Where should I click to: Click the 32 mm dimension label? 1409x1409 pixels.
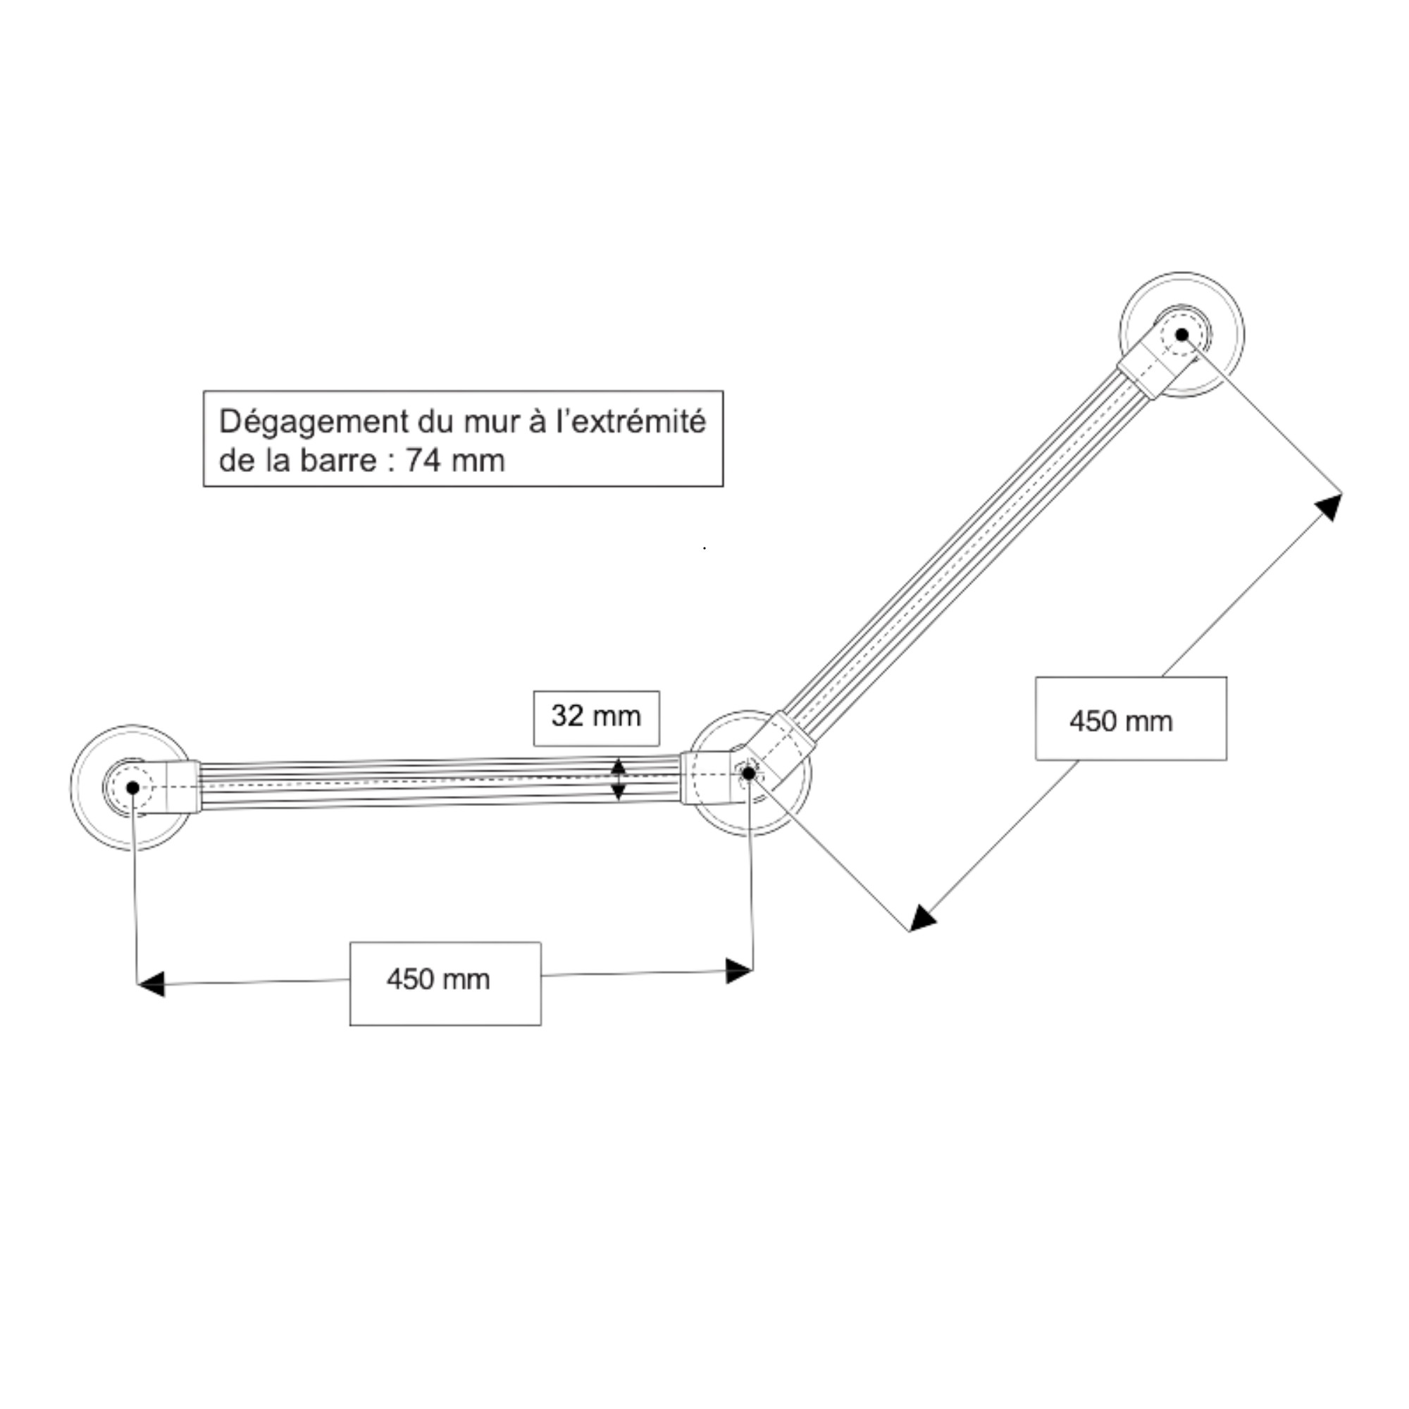click(596, 716)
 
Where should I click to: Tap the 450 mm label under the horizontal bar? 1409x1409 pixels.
click(438, 979)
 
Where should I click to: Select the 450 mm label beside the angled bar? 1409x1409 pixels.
click(1121, 721)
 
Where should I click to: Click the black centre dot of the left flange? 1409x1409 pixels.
click(132, 788)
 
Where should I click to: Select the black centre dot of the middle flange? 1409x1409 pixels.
click(748, 773)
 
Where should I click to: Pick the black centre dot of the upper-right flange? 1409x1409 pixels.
click(1182, 335)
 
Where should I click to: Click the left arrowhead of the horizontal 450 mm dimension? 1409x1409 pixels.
click(151, 983)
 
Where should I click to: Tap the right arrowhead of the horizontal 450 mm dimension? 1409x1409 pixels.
click(739, 972)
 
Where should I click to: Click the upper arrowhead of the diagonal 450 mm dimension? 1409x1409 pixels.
click(1329, 506)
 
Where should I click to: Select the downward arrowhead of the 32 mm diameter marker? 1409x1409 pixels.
click(619, 793)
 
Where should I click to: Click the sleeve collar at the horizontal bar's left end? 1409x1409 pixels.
click(183, 787)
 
